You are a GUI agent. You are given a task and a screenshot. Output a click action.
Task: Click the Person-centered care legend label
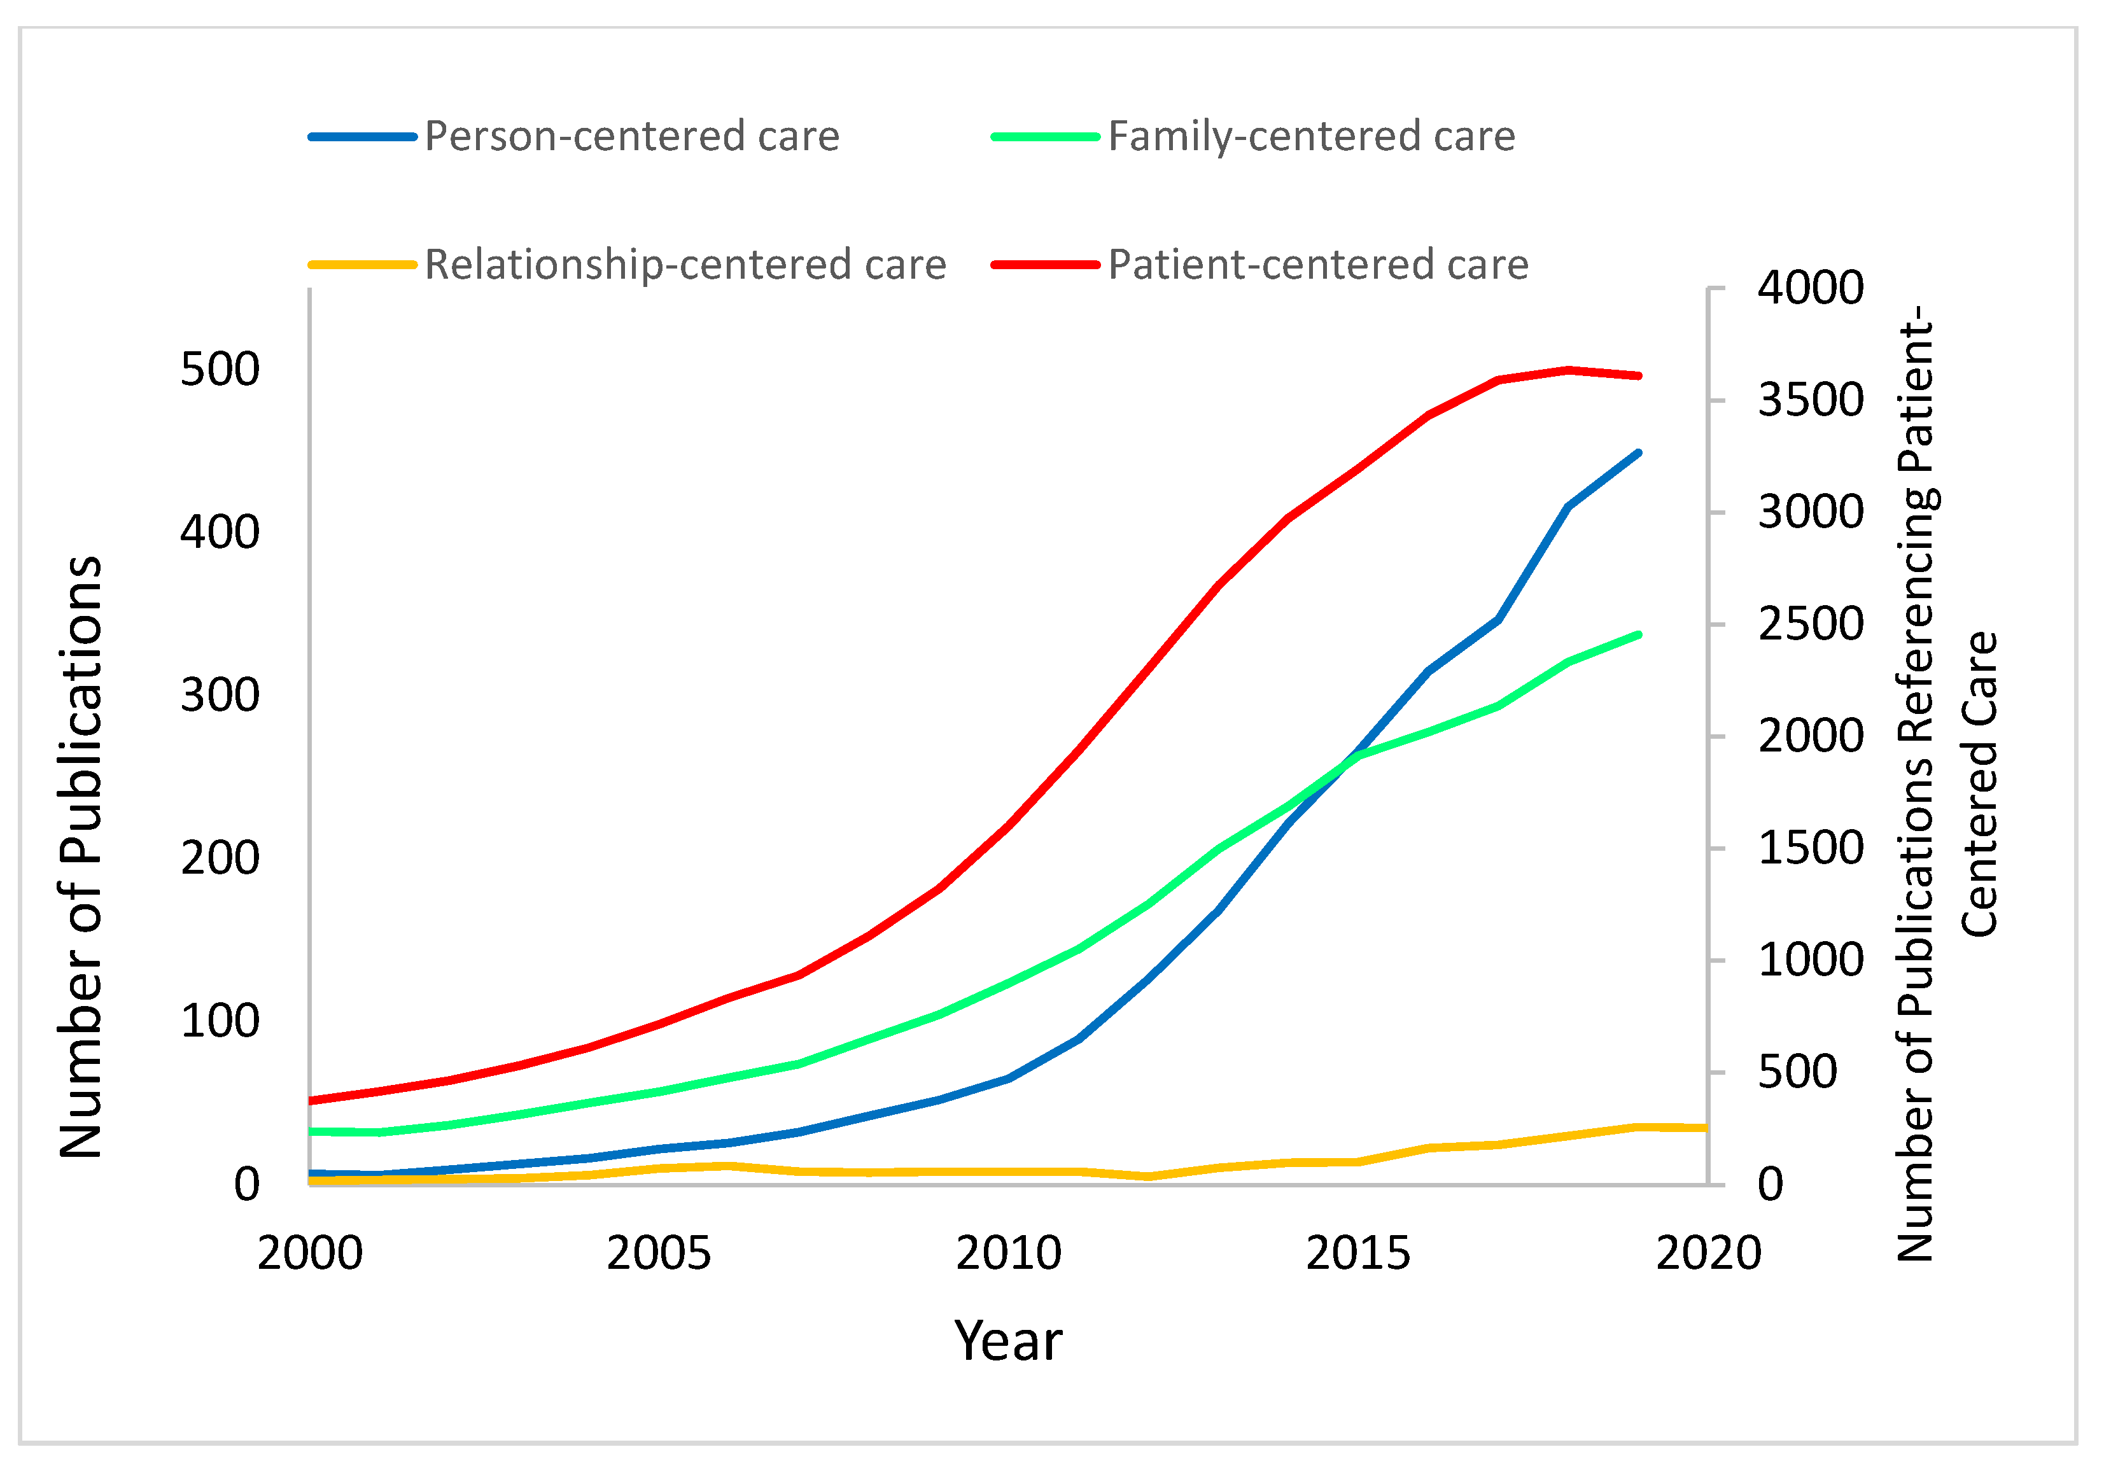coord(632,136)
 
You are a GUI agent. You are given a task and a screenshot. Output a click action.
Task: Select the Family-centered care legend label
coord(1311,136)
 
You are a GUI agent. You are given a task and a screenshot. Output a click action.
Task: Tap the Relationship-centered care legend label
coord(685,265)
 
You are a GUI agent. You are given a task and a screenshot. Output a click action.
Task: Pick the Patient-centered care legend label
coord(1317,265)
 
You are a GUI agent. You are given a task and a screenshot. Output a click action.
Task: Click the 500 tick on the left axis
coord(220,370)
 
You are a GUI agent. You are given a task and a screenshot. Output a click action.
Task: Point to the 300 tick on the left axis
coord(220,696)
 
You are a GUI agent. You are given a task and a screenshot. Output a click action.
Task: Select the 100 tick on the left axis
coord(220,1021)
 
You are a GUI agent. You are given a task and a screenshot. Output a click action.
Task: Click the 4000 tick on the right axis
coord(1809,288)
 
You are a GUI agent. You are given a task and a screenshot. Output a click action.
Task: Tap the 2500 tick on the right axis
coord(1809,624)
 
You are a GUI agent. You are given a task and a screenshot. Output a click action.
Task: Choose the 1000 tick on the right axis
coord(1809,960)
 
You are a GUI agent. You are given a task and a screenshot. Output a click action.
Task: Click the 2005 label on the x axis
coord(658,1253)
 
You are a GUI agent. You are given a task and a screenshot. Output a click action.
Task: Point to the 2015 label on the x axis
coord(1358,1253)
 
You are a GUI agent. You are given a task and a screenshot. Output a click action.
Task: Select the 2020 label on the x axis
coord(1708,1253)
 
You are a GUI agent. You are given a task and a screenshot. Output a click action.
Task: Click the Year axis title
coord(1008,1342)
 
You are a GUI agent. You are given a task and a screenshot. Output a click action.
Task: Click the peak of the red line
coord(1568,370)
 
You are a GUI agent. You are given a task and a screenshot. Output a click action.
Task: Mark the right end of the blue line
coord(1638,452)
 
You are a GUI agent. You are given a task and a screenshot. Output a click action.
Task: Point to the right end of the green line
coord(1638,634)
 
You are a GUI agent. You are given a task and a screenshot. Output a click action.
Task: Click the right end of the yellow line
coord(1705,1128)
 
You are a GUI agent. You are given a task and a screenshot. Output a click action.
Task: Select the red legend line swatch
coord(1044,265)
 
